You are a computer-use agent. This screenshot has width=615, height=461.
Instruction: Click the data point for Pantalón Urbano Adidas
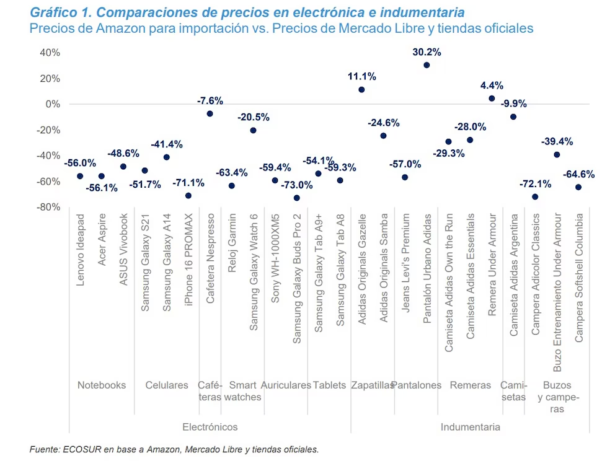(427, 65)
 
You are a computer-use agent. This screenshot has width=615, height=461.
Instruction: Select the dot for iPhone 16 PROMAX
(188, 196)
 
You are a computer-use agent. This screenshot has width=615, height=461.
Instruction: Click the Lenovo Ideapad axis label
(80, 250)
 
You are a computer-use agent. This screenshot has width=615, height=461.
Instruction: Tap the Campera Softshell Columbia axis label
(578, 278)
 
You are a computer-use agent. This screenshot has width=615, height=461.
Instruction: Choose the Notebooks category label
(102, 385)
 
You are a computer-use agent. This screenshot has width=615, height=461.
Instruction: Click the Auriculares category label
(286, 385)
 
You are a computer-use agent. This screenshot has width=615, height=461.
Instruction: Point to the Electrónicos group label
(210, 427)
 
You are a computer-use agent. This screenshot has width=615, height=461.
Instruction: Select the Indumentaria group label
(470, 427)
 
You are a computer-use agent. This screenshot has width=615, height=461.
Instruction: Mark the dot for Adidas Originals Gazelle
(361, 89)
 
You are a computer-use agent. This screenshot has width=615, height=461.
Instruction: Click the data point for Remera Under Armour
(492, 98)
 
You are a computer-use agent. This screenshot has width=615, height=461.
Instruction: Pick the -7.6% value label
(210, 100)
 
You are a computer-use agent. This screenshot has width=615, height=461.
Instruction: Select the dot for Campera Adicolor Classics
(535, 197)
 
